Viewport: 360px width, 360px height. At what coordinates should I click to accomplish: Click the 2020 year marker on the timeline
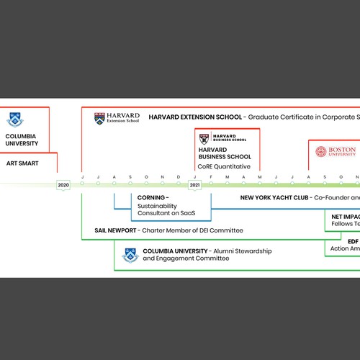[x=63, y=185]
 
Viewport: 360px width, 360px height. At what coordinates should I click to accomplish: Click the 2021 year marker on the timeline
[x=195, y=185]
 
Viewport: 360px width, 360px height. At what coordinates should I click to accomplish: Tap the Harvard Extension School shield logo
[x=99, y=117]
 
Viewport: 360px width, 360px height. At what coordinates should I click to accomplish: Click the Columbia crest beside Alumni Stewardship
[x=131, y=254]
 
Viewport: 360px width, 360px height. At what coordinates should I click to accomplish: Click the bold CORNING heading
[x=152, y=197]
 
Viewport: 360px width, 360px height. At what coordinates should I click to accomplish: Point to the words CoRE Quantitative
[x=224, y=166]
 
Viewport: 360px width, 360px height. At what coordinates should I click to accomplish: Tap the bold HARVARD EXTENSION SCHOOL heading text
[x=194, y=117]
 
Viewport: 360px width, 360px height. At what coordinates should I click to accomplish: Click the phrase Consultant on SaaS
[x=166, y=213]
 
